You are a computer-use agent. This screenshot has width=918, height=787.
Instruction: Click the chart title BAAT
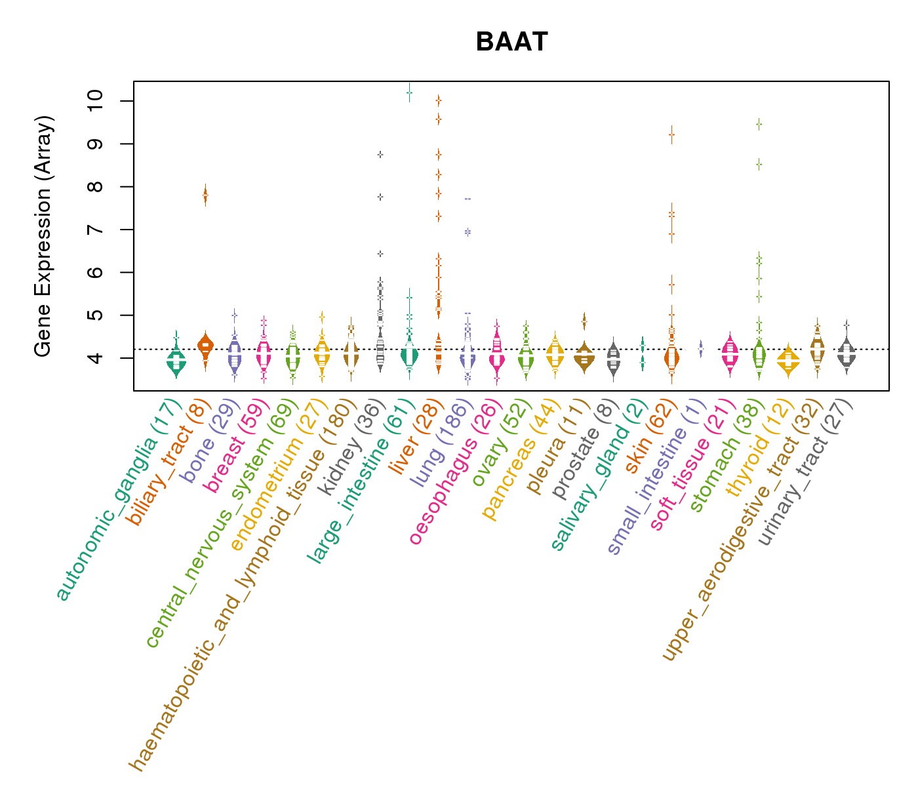[x=511, y=42]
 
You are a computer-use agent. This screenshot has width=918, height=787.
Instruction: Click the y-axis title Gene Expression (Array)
[x=43, y=237]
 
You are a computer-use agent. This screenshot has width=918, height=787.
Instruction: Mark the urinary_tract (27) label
[x=806, y=472]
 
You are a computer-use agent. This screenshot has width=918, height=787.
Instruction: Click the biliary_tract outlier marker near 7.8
[x=205, y=195]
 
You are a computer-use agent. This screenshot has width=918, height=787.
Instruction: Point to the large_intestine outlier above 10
[x=409, y=93]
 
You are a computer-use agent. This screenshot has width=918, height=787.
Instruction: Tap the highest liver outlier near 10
[x=438, y=100]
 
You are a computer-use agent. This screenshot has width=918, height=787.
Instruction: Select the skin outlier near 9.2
[x=671, y=134]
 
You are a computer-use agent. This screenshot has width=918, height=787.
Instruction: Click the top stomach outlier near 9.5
[x=759, y=123]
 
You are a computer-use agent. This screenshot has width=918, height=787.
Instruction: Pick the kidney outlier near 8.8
[x=380, y=155]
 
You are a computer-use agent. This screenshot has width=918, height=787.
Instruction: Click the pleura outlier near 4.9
[x=584, y=321]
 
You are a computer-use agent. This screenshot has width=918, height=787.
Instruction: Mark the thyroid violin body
[x=788, y=360]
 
